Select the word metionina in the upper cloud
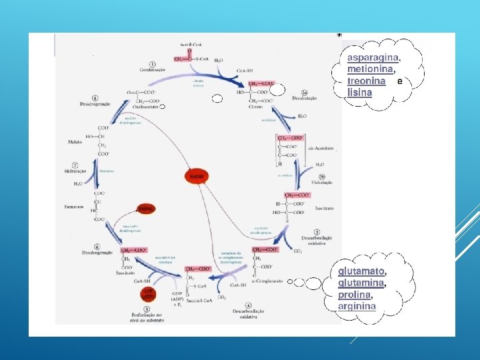coord(370,69)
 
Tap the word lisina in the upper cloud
coord(359,93)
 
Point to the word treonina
coord(366,81)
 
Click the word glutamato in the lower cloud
coord(361,271)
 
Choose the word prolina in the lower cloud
coord(355,295)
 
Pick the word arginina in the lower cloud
coord(357,307)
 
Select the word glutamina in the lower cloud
coord(361,283)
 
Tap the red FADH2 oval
coord(146,209)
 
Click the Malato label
coord(75,141)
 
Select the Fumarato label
coord(74,207)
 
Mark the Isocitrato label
coord(323,209)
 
